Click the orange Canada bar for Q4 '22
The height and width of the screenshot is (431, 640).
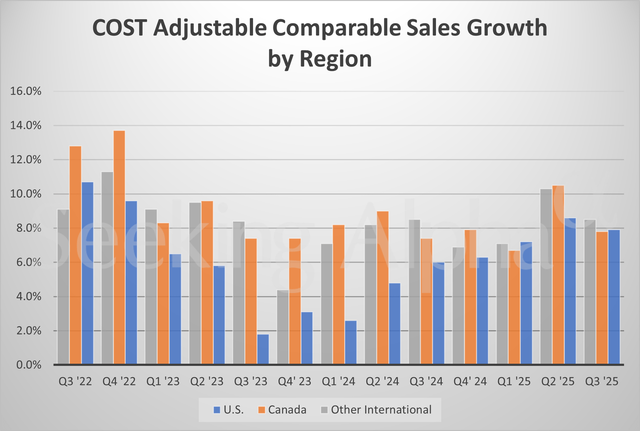(x=119, y=247)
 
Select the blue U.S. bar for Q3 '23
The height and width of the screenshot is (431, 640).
(x=263, y=349)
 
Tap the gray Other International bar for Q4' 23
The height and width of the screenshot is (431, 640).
(x=283, y=327)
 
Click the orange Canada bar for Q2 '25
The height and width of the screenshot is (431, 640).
(x=558, y=275)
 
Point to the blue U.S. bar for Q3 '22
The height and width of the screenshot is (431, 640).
(x=87, y=273)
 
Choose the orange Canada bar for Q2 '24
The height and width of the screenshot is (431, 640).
(x=382, y=288)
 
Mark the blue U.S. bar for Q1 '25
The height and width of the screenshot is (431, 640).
(x=526, y=303)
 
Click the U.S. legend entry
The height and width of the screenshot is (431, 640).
(x=228, y=410)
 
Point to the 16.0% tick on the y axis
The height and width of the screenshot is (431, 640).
(x=26, y=91)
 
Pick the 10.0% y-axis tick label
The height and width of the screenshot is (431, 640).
(x=26, y=194)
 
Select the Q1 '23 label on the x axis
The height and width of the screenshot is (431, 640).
(x=163, y=381)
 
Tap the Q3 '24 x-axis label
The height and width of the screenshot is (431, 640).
(x=426, y=381)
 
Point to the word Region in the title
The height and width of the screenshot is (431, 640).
(x=335, y=58)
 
